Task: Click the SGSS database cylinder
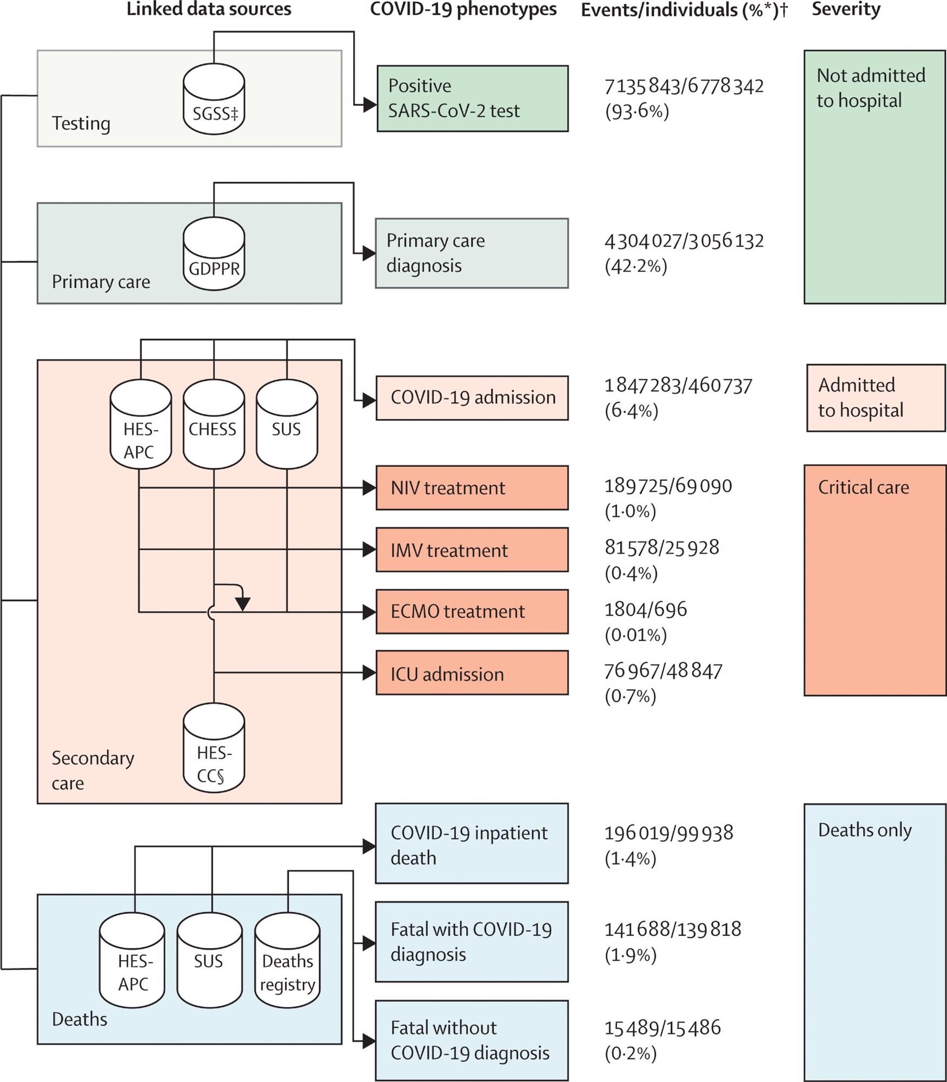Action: (214, 99)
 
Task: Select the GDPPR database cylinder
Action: (214, 254)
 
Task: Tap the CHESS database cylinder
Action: (214, 424)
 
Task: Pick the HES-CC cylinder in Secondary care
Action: (214, 748)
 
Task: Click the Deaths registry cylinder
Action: (287, 961)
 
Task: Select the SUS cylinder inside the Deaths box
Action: (209, 961)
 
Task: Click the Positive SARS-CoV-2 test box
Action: (472, 98)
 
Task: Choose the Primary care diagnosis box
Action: (472, 253)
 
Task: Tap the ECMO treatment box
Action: (472, 611)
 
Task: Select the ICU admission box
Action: (472, 673)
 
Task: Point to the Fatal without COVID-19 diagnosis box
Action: (472, 1040)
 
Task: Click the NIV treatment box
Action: (472, 487)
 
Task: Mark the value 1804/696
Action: (645, 610)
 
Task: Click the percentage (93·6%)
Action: (637, 111)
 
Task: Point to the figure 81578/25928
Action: (661, 547)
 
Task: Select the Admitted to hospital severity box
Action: (875, 398)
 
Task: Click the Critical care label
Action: (863, 487)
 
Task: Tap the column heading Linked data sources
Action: (209, 9)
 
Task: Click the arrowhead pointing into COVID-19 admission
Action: (369, 400)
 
